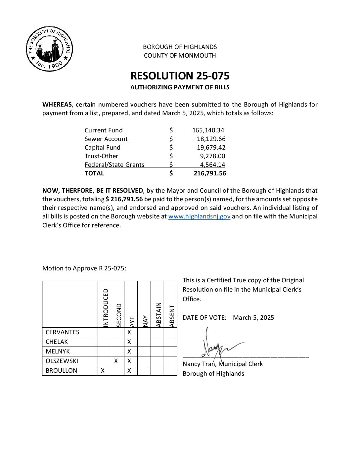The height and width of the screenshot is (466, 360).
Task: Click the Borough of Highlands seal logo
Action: (49, 49)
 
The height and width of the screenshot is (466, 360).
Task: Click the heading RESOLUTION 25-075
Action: (180, 76)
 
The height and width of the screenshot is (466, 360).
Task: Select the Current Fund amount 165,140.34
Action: (208, 130)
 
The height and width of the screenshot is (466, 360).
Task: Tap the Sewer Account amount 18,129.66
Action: (211, 139)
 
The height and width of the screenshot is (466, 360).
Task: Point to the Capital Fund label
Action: (103, 148)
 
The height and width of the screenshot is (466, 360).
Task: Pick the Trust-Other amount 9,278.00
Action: (212, 156)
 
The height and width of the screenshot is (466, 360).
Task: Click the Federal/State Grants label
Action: (114, 165)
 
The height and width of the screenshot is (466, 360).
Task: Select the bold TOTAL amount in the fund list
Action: (210, 173)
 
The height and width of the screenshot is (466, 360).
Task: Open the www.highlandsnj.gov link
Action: (199, 216)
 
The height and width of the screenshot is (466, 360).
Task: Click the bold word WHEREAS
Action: (57, 105)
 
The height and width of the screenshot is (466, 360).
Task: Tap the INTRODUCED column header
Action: (106, 308)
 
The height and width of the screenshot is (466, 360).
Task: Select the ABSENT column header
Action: (172, 316)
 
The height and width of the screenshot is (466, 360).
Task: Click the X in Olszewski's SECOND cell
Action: (116, 361)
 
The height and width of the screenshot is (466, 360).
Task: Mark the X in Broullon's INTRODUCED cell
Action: (103, 371)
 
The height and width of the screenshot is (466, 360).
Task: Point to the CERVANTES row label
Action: (63, 332)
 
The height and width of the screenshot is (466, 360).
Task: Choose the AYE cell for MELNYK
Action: (129, 351)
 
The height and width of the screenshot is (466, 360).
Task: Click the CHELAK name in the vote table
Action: (57, 342)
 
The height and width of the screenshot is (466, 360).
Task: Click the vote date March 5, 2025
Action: (253, 318)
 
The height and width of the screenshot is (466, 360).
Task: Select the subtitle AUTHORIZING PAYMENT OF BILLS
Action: (180, 87)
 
